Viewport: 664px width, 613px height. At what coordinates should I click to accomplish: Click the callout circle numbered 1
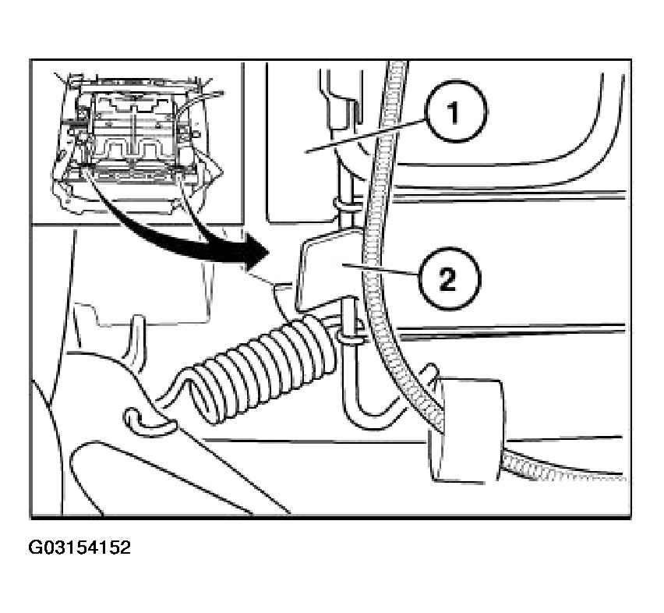(x=456, y=112)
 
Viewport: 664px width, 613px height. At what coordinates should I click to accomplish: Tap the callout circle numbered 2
(x=449, y=279)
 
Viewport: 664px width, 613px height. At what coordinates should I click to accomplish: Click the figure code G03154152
(x=79, y=547)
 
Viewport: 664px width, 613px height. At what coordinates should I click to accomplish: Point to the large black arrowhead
(x=253, y=253)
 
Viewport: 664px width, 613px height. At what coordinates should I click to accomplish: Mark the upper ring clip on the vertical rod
(x=346, y=205)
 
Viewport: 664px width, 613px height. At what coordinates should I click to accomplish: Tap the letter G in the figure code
(x=34, y=547)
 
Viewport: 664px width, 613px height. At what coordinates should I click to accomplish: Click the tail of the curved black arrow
(x=88, y=173)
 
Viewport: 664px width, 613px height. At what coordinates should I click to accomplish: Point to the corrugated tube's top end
(x=397, y=63)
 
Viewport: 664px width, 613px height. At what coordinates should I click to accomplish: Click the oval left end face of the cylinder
(x=436, y=428)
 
